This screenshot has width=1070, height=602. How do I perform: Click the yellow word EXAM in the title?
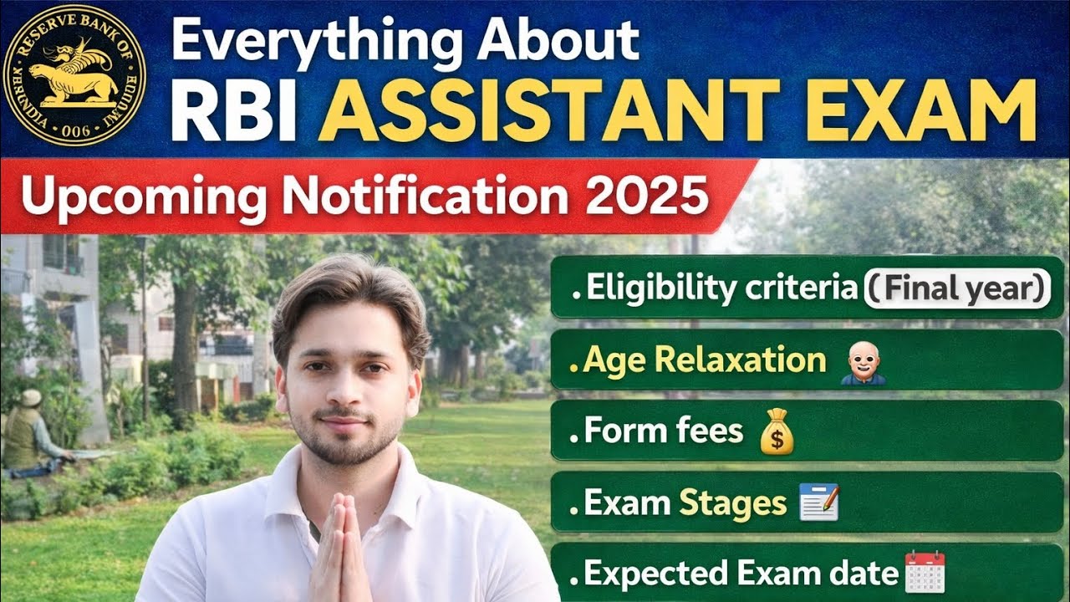(x=920, y=110)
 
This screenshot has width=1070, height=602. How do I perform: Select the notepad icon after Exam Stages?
(x=818, y=503)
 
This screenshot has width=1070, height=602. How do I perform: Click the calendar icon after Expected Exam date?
(x=925, y=573)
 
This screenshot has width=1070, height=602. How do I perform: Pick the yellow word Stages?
(x=732, y=503)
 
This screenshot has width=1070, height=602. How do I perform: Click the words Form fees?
(x=663, y=431)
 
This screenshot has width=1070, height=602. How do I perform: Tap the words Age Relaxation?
(x=704, y=360)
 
